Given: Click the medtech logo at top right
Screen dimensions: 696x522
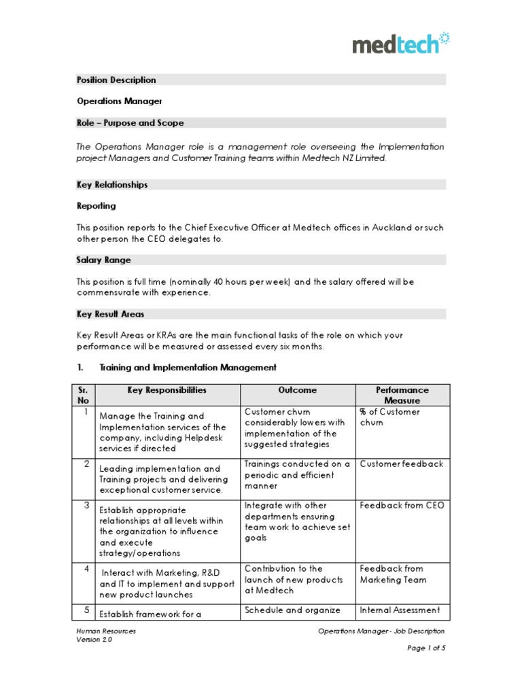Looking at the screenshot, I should click(x=400, y=43).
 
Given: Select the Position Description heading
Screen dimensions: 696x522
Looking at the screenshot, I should click(x=116, y=80).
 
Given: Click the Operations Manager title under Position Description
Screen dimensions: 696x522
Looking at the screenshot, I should click(x=119, y=101).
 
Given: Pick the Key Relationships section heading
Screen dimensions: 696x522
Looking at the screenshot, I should click(x=112, y=184).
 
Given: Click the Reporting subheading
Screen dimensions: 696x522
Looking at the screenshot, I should click(x=96, y=206).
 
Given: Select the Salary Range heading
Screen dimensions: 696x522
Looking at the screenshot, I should click(x=104, y=260).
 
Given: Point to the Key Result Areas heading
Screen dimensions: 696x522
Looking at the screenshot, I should click(x=110, y=314).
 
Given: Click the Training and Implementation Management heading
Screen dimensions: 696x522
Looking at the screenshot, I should click(x=188, y=368).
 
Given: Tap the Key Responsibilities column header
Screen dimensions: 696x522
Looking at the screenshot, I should click(x=167, y=390).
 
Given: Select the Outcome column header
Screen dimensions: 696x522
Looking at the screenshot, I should click(x=297, y=390).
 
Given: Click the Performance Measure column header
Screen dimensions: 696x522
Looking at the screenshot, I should click(x=402, y=395).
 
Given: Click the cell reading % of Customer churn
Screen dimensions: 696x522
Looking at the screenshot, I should click(x=389, y=417).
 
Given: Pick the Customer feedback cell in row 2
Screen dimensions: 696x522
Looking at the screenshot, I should click(x=401, y=464).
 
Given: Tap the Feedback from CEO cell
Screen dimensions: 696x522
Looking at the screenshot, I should click(x=401, y=506).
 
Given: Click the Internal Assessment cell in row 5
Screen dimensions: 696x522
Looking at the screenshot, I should click(x=400, y=610).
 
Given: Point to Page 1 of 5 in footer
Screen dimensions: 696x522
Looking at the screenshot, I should click(x=426, y=648).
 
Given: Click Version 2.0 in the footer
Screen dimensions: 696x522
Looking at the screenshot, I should click(x=94, y=640).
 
